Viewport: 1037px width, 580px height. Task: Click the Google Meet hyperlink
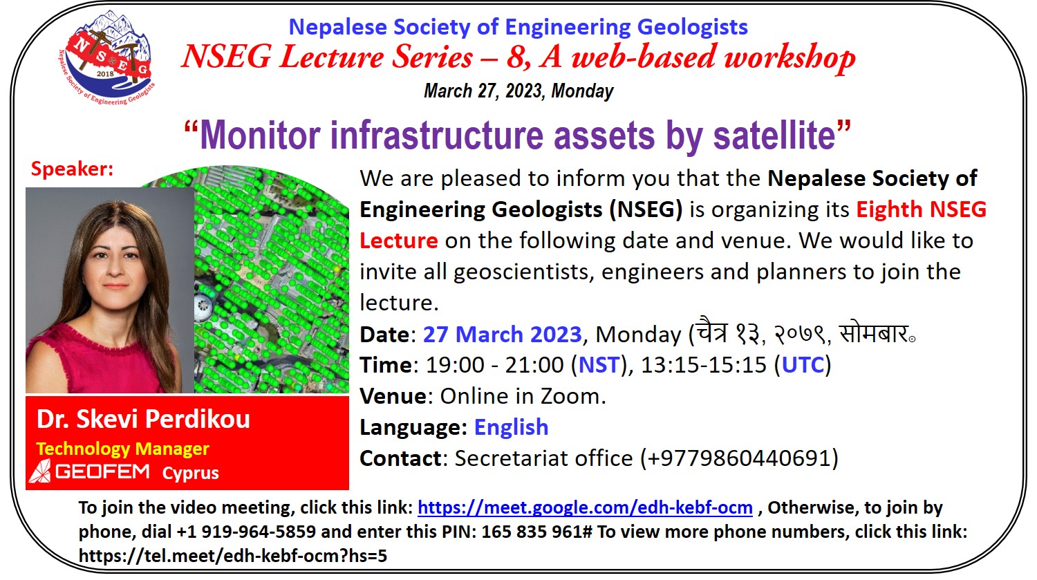585,508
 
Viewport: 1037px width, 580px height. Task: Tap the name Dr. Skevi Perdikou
143,420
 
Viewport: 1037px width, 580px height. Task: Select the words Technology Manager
122,449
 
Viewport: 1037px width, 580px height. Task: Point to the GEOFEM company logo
89,472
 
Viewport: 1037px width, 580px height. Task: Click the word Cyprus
190,474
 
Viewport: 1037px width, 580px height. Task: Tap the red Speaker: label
72,169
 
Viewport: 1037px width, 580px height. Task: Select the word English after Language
511,428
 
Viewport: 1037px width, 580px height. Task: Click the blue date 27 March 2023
502,335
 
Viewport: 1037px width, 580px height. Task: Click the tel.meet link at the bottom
233,556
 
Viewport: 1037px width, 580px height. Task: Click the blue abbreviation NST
599,365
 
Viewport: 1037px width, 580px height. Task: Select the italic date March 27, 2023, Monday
518,91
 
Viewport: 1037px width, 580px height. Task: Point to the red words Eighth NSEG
921,209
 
